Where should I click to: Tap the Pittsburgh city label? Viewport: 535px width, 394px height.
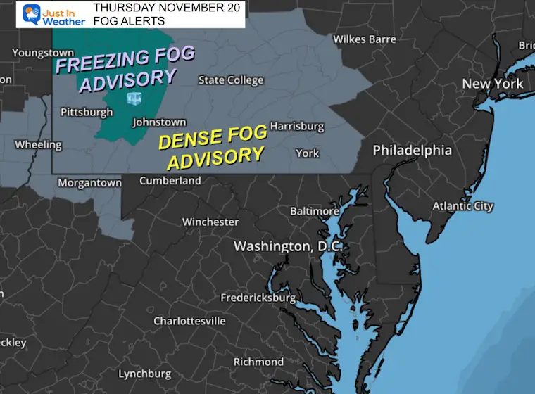tap(87, 112)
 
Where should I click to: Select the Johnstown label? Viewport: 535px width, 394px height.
tap(159, 122)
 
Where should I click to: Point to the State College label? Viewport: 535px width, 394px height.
tap(231, 80)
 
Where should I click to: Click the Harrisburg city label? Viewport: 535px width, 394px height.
tap(297, 127)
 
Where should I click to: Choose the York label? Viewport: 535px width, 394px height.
tap(307, 153)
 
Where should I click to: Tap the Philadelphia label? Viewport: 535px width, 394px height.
tap(412, 151)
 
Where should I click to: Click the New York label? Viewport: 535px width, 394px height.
tap(492, 84)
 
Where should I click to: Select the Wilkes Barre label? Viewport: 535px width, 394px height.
tap(364, 39)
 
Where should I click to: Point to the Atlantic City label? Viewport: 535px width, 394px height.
tap(462, 206)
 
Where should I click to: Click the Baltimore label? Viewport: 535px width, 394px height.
tap(315, 211)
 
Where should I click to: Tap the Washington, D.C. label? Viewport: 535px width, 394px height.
tap(288, 246)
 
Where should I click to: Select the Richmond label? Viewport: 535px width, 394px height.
tap(259, 362)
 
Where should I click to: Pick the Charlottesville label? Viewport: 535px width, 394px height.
tap(190, 321)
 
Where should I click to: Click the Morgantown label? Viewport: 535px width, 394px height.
tap(89, 182)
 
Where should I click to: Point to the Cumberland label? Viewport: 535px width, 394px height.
tap(170, 181)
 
